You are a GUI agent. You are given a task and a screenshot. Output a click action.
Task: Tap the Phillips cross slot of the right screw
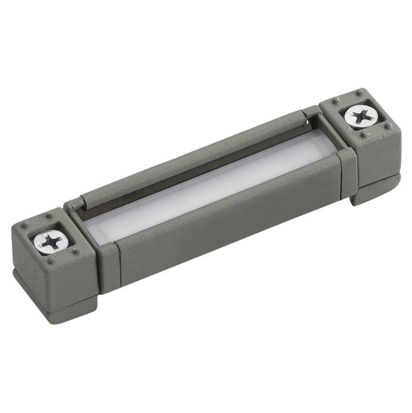click(x=360, y=116)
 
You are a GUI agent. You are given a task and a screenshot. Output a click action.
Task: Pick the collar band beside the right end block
click(x=346, y=169)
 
